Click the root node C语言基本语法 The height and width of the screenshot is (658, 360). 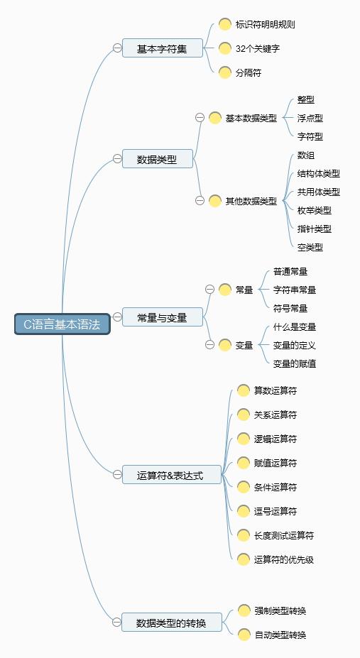pos(62,324)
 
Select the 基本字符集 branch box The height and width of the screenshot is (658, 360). pos(162,48)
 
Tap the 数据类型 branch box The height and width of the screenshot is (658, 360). pos(157,159)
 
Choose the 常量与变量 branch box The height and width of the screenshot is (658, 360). pos(162,318)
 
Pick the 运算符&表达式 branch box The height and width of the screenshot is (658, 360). pos(170,475)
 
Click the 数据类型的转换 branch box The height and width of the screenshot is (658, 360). pos(171,623)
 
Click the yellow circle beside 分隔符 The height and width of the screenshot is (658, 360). pos(225,72)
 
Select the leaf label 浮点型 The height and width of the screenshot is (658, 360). pos(310,118)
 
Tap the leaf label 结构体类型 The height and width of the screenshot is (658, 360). pos(319,173)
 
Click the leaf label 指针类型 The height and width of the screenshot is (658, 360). pos(315,229)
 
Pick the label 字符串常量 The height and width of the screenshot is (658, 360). pos(295,290)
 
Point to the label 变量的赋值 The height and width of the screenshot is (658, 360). pos(295,363)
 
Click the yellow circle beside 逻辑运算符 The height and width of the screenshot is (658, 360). pos(244,439)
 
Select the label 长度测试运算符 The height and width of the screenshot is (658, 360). pos(284,535)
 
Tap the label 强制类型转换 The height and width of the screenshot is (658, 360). pos(280,610)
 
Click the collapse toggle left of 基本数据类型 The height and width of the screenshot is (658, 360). pos(200,118)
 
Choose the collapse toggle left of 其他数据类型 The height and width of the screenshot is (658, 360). pos(200,201)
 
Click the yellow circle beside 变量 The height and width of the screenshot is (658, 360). pos(225,345)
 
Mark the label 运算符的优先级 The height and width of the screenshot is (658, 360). pos(284,559)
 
